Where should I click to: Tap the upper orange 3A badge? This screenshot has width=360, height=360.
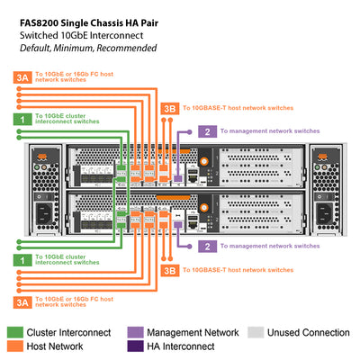click(23, 79)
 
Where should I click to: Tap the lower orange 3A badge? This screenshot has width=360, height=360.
click(23, 301)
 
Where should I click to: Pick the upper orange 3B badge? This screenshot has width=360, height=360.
click(168, 108)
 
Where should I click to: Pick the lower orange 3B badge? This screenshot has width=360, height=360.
click(168, 269)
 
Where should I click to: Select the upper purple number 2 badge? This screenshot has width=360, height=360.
click(208, 131)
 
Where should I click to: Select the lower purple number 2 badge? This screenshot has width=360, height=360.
click(208, 245)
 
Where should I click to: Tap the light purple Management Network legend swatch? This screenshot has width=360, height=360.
click(136, 333)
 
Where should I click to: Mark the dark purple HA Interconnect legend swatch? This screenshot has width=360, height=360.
click(136, 347)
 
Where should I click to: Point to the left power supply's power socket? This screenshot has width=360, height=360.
click(43, 213)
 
